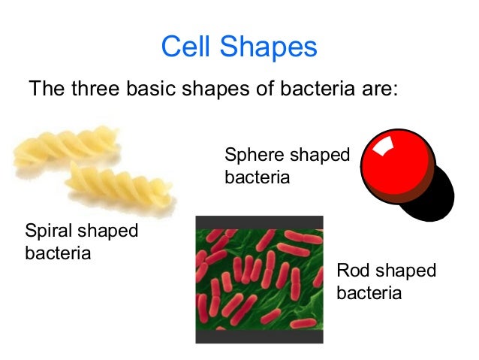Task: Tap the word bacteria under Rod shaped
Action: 369,292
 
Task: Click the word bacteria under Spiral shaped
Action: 58,252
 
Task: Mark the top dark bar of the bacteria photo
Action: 259,222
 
